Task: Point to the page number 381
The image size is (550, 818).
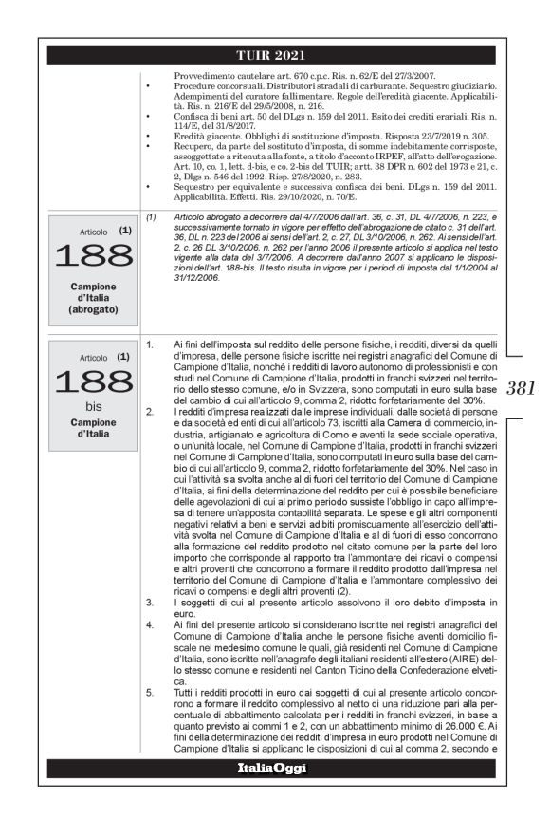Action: (x=522, y=387)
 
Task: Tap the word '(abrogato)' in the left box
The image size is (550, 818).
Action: (x=94, y=309)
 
